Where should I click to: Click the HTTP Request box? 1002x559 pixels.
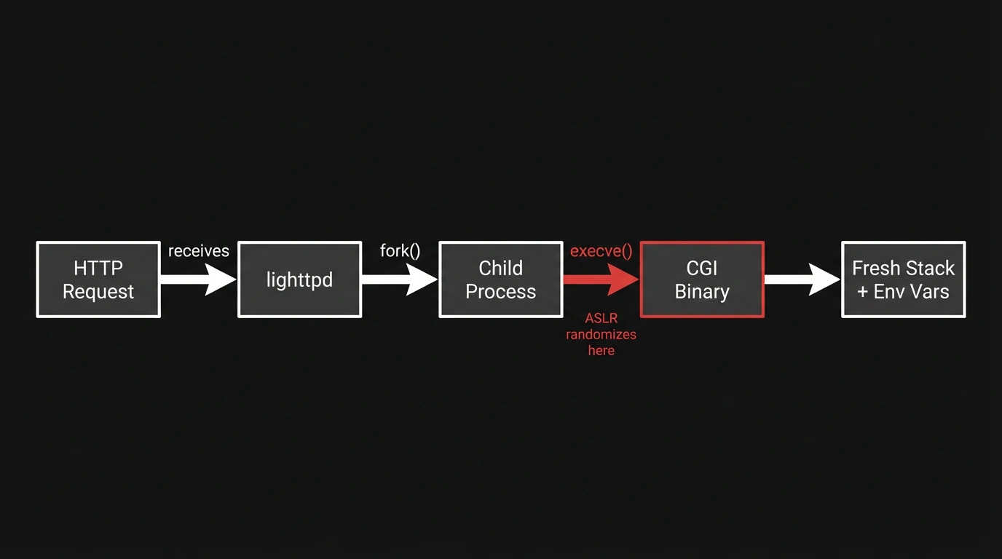pos(98,279)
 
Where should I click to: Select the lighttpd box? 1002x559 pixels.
pos(299,279)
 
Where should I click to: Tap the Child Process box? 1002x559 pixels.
pos(500,279)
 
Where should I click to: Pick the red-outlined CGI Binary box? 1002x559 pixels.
pos(702,279)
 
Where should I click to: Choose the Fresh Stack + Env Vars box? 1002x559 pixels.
pos(903,279)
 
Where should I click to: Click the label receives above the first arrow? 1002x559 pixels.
pos(198,251)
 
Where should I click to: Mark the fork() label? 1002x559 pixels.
pos(400,251)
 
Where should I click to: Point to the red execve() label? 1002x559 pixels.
pos(601,251)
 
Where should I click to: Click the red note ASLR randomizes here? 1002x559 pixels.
pos(601,334)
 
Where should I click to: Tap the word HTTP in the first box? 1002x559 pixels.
pos(98,268)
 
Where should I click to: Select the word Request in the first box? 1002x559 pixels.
pos(98,292)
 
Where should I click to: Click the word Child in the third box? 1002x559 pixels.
pos(500,268)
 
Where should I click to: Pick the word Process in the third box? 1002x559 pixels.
pos(500,292)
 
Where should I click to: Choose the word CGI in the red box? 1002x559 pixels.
pos(702,268)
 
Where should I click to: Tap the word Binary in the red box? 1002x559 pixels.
pos(702,292)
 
